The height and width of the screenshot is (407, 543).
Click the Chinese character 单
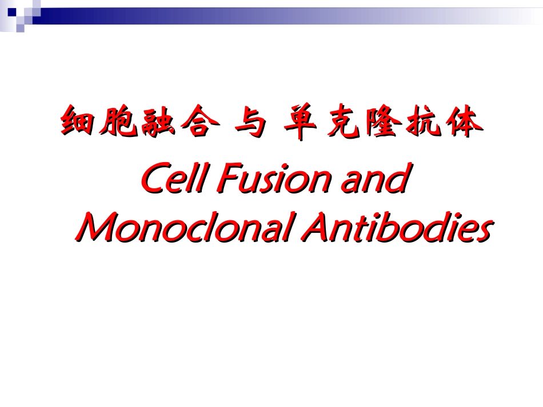(x=303, y=122)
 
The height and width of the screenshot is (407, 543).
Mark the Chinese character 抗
(x=418, y=122)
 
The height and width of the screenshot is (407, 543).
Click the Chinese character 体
(x=458, y=122)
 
